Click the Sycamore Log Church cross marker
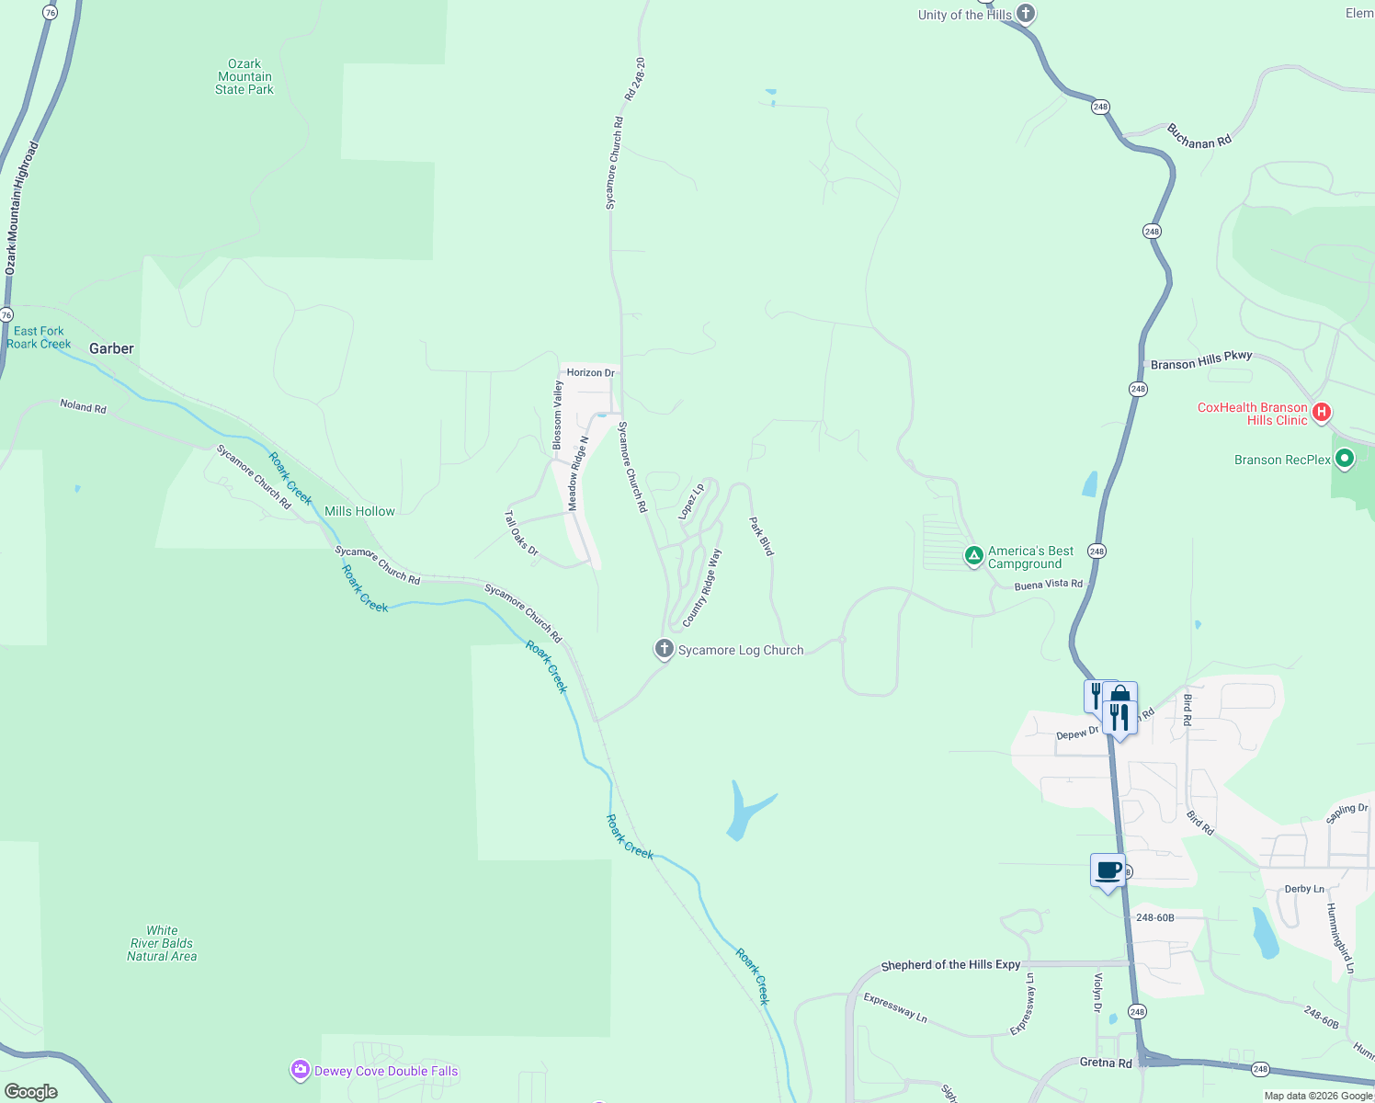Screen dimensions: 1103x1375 coord(664,649)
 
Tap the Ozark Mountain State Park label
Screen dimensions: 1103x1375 coord(244,77)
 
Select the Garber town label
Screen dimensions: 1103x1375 coord(111,348)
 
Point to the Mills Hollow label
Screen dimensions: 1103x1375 coord(359,511)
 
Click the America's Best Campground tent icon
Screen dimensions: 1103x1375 coord(973,556)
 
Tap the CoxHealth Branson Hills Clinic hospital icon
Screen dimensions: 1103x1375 coord(1322,412)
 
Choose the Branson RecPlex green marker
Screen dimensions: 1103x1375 coord(1345,459)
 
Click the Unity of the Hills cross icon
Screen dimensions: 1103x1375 coord(1026,14)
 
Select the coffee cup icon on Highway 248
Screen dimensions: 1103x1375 coord(1108,870)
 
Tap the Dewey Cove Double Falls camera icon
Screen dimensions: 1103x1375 coord(301,1070)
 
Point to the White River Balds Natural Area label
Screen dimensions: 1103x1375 coord(162,943)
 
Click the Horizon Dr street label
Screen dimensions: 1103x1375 coord(590,372)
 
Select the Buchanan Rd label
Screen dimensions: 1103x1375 coord(1199,136)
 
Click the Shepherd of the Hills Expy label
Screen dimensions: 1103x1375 coord(950,965)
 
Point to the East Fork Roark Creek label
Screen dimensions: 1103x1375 coord(39,337)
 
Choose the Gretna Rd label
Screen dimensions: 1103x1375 coord(1106,1063)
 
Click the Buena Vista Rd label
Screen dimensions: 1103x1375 coord(1049,585)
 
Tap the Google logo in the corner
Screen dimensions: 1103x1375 coord(31,1091)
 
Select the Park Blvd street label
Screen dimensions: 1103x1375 coord(762,536)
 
